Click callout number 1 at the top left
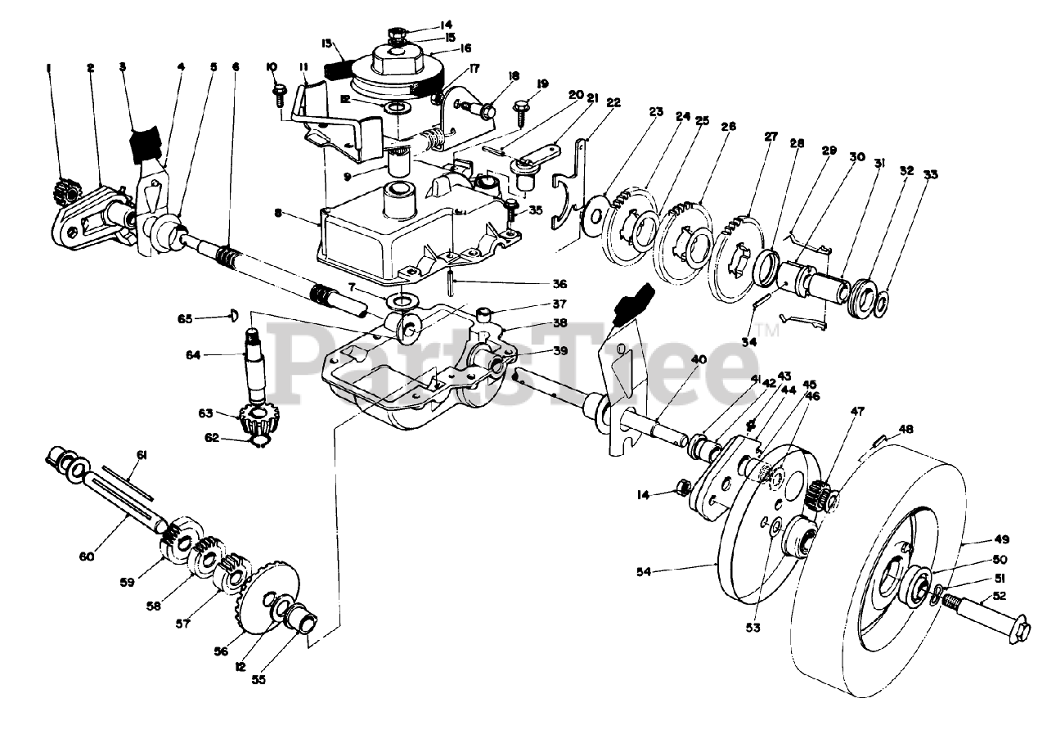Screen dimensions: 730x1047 pos(49,69)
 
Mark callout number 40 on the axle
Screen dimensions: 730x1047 pos(699,358)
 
